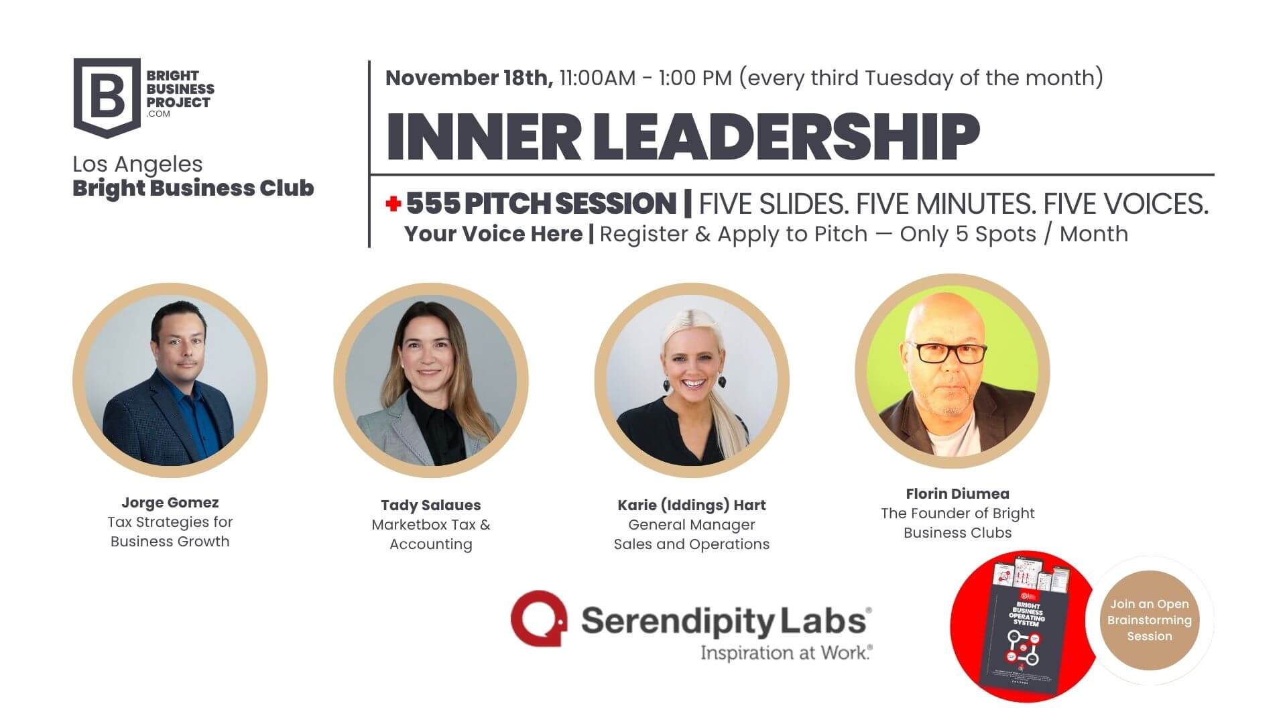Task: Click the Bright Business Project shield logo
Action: coord(107,97)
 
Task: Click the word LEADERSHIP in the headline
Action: coord(786,136)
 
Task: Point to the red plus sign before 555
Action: coord(393,204)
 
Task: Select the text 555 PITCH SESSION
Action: coord(541,204)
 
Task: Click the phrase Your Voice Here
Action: coord(493,234)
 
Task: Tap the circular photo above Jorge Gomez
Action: coord(170,380)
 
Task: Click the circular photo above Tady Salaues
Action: coord(431,380)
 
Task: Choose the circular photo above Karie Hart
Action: coord(692,380)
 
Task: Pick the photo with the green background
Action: coord(953,371)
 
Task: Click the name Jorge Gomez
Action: coord(170,503)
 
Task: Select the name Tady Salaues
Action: coord(431,505)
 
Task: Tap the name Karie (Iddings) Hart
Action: coord(692,505)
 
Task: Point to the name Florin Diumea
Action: coord(957,494)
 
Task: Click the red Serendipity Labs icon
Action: coord(538,618)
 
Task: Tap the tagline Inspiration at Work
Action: coord(786,652)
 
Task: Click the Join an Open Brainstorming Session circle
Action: coord(1149,620)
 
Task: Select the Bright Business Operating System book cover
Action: coord(1020,633)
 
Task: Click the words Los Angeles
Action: coord(137,164)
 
